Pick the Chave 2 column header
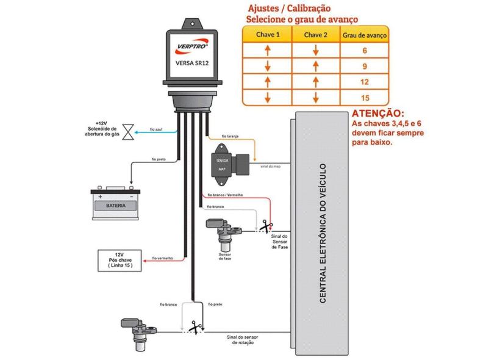(x=316, y=35)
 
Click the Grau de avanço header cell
(x=364, y=35)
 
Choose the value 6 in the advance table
(x=364, y=51)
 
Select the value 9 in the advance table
(x=364, y=66)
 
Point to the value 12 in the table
(x=364, y=82)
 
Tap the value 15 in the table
(x=364, y=98)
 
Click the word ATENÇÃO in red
(x=378, y=114)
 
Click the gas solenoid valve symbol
(x=127, y=131)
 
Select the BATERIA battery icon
(x=115, y=203)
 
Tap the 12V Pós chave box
(x=120, y=260)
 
